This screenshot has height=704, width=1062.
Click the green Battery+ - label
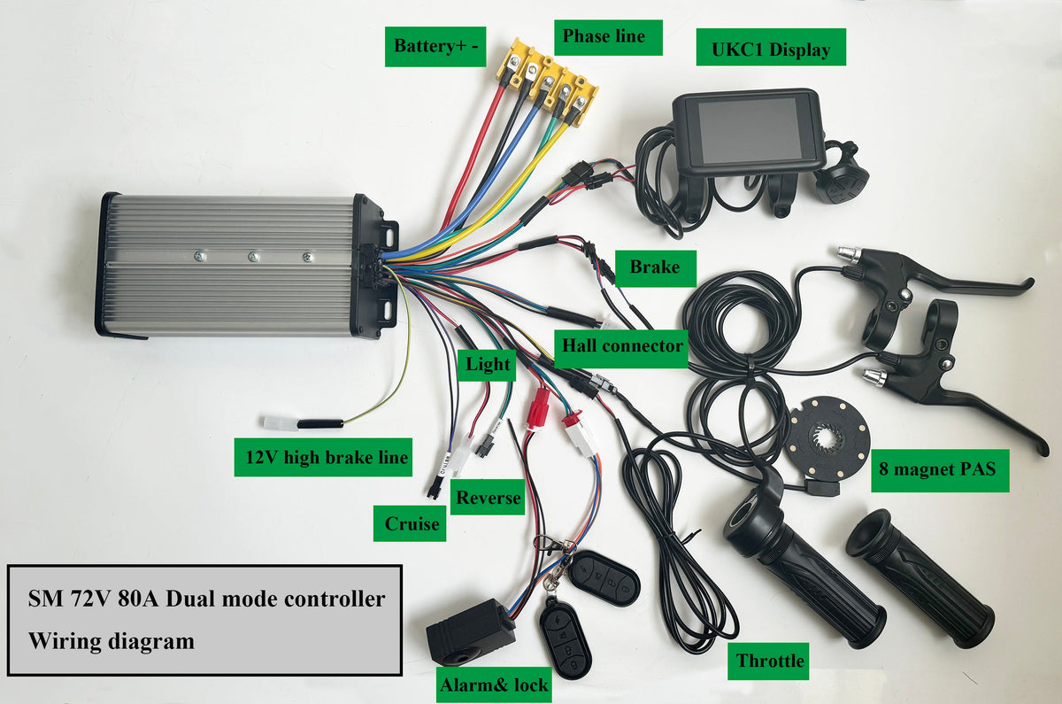(435, 46)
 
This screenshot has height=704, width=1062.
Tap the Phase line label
(608, 37)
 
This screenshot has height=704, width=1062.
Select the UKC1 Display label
(771, 47)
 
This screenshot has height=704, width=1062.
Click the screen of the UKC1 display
(749, 131)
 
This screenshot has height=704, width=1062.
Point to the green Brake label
(655, 268)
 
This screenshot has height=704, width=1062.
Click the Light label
(487, 365)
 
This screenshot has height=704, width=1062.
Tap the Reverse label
(488, 497)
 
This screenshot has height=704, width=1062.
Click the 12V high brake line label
(323, 457)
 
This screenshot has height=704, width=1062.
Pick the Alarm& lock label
(494, 685)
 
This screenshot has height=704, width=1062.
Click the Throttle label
(768, 661)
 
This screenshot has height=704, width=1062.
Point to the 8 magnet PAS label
(940, 470)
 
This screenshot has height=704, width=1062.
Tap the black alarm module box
(470, 631)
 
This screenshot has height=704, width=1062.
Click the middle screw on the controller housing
(254, 257)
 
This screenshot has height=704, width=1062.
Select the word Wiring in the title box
(64, 641)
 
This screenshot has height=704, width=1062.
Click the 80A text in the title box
(137, 599)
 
